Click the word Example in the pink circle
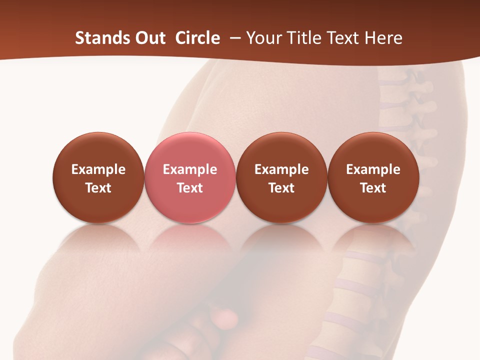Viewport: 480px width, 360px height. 189,169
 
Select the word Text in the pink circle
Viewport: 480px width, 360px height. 189,188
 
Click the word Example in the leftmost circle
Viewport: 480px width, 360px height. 98,169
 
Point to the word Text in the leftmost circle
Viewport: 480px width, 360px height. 98,188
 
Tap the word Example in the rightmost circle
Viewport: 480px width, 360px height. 373,169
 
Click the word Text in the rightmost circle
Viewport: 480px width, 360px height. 373,188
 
